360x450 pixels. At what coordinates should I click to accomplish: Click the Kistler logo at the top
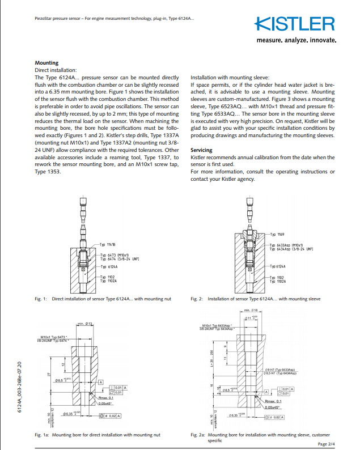click(295, 24)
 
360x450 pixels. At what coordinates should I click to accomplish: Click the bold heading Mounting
click(46, 63)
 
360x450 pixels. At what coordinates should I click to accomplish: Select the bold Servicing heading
click(201, 150)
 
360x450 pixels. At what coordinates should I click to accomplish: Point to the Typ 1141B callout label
click(107, 244)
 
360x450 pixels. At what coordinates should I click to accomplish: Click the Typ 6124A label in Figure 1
click(108, 266)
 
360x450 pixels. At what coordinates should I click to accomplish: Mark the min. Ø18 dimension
click(251, 310)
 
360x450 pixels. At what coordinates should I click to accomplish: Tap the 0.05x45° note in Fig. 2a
click(276, 406)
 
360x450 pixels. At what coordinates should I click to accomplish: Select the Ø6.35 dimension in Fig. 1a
click(72, 415)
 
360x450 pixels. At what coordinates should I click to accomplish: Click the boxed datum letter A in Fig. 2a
click(265, 392)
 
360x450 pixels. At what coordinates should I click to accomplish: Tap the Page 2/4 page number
click(327, 444)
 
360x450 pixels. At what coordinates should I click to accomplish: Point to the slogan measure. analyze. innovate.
click(296, 41)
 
